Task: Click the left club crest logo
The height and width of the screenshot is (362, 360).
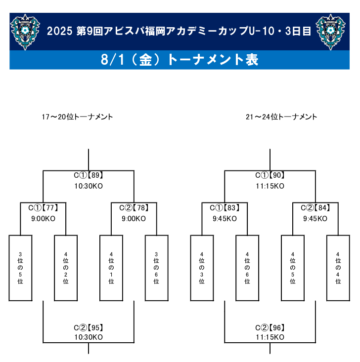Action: [25, 32]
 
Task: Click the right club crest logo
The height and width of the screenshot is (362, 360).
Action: [331, 32]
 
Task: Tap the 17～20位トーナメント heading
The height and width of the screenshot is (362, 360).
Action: [77, 117]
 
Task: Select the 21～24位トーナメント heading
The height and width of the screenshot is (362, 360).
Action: [281, 117]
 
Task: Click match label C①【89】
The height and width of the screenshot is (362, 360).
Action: [89, 175]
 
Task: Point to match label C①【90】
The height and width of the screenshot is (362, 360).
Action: [270, 175]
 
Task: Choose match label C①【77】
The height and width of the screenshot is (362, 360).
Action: [43, 208]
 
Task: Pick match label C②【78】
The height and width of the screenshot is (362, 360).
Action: [134, 208]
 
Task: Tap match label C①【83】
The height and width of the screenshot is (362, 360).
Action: [225, 208]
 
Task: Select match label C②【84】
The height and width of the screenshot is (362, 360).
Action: [315, 208]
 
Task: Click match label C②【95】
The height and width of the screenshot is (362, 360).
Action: [89, 327]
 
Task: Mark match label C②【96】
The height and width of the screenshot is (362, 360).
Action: [270, 327]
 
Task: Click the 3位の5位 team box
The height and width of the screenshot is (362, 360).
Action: [20, 268]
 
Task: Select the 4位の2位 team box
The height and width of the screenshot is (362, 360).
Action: [66, 268]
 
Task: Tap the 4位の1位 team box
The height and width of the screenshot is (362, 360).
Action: [111, 268]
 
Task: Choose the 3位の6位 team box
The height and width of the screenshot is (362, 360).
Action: [157, 268]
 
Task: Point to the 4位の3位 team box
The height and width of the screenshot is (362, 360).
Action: [202, 268]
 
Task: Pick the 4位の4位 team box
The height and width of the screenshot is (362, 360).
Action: [338, 268]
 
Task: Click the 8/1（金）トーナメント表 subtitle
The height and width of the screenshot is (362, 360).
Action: [180, 60]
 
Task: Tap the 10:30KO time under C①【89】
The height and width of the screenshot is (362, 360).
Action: [89, 186]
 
